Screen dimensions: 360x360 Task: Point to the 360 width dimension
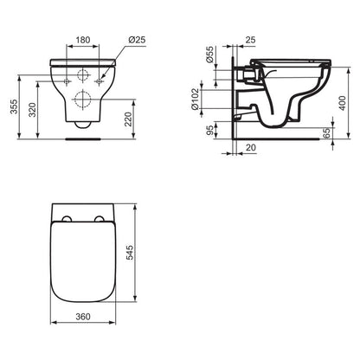click(83, 317)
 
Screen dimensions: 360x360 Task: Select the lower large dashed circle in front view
click(83, 99)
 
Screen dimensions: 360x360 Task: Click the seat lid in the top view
click(83, 260)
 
